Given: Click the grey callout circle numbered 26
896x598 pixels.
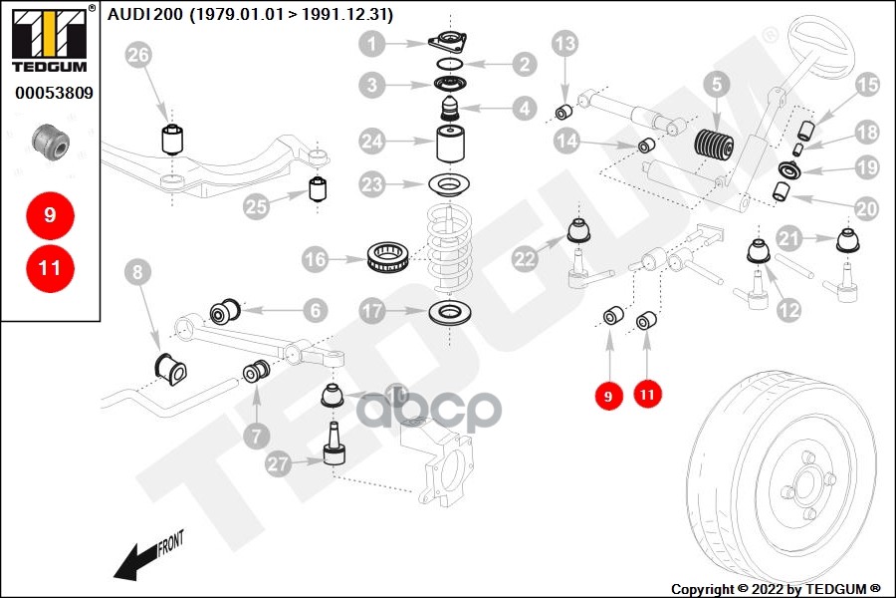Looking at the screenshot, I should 139,58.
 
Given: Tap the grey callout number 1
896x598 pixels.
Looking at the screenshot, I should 372,44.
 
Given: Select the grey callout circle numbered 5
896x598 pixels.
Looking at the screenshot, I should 715,86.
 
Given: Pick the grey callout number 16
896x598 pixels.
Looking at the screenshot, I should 316,260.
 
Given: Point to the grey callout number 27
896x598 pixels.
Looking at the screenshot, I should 280,463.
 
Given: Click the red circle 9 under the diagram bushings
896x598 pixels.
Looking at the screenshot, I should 607,396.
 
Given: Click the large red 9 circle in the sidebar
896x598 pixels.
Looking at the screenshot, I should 50,214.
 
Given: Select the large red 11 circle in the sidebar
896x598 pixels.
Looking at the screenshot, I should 50,267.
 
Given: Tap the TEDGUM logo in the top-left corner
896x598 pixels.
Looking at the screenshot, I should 50,40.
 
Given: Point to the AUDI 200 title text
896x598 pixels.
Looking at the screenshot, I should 250,15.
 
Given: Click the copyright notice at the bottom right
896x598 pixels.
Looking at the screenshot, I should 776,588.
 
